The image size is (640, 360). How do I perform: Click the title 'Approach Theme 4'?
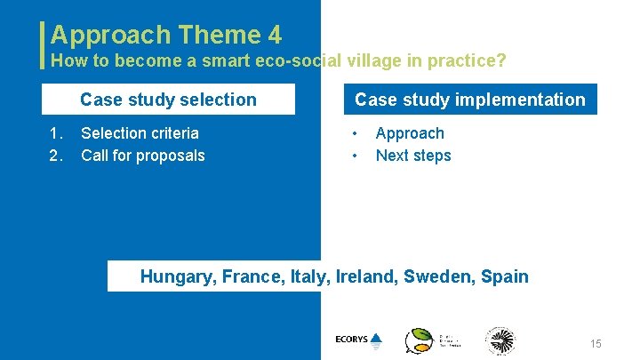pyautogui.click(x=166, y=35)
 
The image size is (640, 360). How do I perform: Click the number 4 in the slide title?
pyautogui.click(x=274, y=35)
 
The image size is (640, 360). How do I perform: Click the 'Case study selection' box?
pyautogui.click(x=169, y=100)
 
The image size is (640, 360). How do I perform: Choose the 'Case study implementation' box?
pyautogui.click(x=470, y=100)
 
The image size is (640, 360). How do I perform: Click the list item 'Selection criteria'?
pyautogui.click(x=140, y=133)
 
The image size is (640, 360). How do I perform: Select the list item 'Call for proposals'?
pyautogui.click(x=142, y=156)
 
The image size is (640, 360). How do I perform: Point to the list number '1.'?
pyautogui.click(x=57, y=133)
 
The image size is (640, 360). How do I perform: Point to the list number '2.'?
pyautogui.click(x=57, y=156)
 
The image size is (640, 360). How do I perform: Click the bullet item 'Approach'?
pyautogui.click(x=410, y=133)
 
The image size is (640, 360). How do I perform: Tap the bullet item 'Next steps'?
pyautogui.click(x=413, y=156)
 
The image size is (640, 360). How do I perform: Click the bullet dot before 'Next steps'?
pyautogui.click(x=356, y=156)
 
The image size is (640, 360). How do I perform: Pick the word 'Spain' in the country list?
pyautogui.click(x=505, y=276)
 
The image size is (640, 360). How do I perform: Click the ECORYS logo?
pyautogui.click(x=358, y=340)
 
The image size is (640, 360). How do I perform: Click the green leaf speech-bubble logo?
pyautogui.click(x=419, y=340)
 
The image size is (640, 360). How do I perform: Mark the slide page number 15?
pyautogui.click(x=596, y=344)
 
